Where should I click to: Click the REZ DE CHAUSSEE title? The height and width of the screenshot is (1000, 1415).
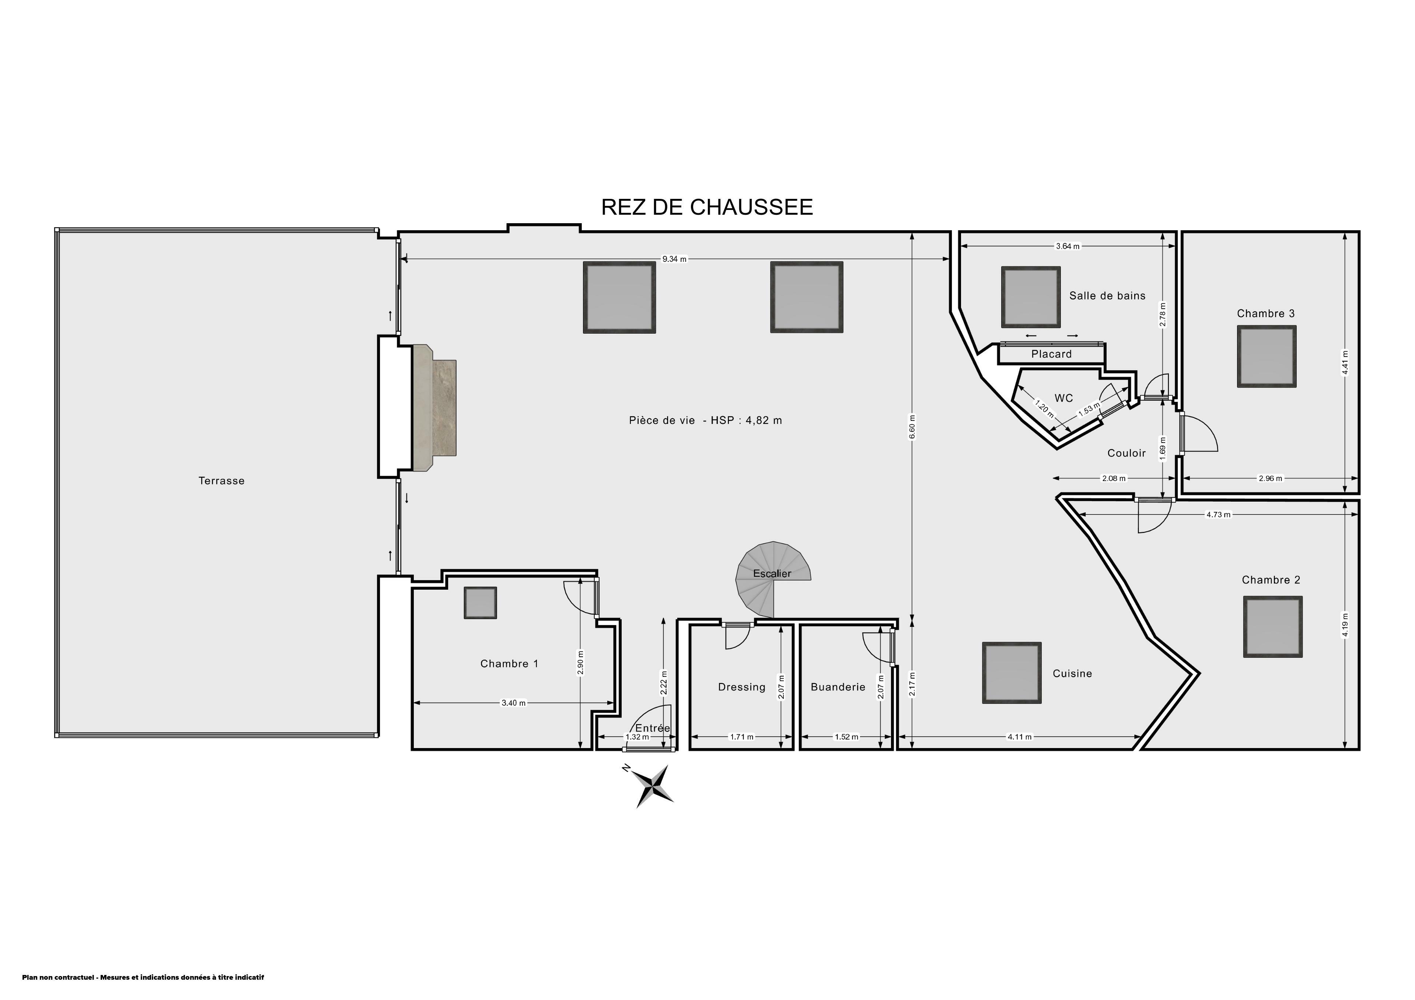(707, 207)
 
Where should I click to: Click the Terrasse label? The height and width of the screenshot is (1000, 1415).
(221, 481)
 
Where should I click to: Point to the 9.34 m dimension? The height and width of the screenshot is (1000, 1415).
(674, 259)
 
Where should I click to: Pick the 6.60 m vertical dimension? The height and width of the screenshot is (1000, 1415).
(912, 427)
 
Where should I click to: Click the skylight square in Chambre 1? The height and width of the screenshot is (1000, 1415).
(480, 603)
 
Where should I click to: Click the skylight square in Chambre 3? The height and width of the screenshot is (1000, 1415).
(1266, 356)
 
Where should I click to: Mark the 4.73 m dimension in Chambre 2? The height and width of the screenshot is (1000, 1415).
(1218, 515)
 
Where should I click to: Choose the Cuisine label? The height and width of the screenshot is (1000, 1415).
(1072, 673)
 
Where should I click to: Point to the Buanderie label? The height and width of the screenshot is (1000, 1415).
(838, 687)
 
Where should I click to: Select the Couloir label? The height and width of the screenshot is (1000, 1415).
(1126, 453)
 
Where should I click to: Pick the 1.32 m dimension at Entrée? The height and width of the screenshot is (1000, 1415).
(637, 737)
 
